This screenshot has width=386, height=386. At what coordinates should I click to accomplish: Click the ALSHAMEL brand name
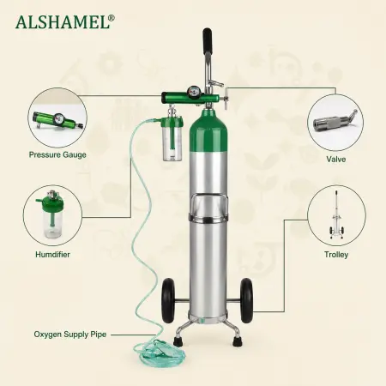[x=63, y=22]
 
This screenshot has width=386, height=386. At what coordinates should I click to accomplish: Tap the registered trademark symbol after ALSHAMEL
[x=112, y=18]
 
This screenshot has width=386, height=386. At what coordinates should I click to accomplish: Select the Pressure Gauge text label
[x=57, y=155]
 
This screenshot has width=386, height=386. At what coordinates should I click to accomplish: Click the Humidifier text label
[x=52, y=255]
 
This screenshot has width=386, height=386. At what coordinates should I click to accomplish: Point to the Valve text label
[x=336, y=160]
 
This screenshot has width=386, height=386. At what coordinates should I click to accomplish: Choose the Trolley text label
[x=336, y=255]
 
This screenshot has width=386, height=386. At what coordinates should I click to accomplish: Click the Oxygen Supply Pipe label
[x=70, y=335]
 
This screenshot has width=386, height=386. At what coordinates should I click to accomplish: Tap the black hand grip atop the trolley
[x=207, y=38]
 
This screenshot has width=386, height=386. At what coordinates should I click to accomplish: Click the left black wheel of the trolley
[x=167, y=301]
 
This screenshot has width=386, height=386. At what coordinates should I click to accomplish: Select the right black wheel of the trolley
[x=246, y=301]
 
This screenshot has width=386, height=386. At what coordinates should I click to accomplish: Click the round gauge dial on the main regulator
[x=192, y=91]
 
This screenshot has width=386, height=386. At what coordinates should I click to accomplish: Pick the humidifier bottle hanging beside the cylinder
[x=172, y=139]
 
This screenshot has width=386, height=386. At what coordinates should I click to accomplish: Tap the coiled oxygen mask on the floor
[x=159, y=351]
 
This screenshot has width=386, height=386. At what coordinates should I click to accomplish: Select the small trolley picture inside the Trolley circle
[x=337, y=214]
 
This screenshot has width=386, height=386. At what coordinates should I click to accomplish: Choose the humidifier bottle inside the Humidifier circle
[x=51, y=214]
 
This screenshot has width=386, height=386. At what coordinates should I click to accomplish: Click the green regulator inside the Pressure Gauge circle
[x=58, y=120]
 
